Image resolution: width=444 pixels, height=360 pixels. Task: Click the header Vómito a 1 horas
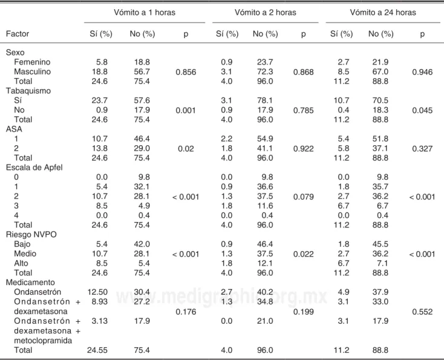145,13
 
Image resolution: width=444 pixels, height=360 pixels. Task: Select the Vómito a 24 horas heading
383,13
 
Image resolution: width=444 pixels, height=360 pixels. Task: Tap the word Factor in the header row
18,34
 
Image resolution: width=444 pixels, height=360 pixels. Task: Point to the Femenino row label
32,62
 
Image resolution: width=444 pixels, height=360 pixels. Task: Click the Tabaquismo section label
28,91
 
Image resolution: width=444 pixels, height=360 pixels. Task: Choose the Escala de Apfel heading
34,168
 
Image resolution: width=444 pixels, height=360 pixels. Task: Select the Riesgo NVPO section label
31,235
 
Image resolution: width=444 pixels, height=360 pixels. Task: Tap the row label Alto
21,263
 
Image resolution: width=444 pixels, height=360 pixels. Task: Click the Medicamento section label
30,283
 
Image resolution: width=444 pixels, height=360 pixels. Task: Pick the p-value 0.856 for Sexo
186,72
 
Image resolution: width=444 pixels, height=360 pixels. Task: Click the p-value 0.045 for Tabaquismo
422,110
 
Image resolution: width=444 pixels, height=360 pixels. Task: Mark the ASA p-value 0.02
186,149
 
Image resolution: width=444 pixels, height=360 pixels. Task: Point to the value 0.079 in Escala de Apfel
303,197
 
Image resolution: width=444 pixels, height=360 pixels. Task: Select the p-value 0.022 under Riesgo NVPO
303,254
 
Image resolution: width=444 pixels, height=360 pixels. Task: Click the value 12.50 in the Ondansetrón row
97,292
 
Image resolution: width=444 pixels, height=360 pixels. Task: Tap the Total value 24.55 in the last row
97,350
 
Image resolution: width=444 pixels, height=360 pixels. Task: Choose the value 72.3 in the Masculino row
265,71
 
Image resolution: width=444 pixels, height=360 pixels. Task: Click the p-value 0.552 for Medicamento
422,312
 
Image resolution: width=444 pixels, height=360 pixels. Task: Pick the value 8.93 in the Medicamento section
100,302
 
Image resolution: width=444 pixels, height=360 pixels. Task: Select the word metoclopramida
43,341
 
